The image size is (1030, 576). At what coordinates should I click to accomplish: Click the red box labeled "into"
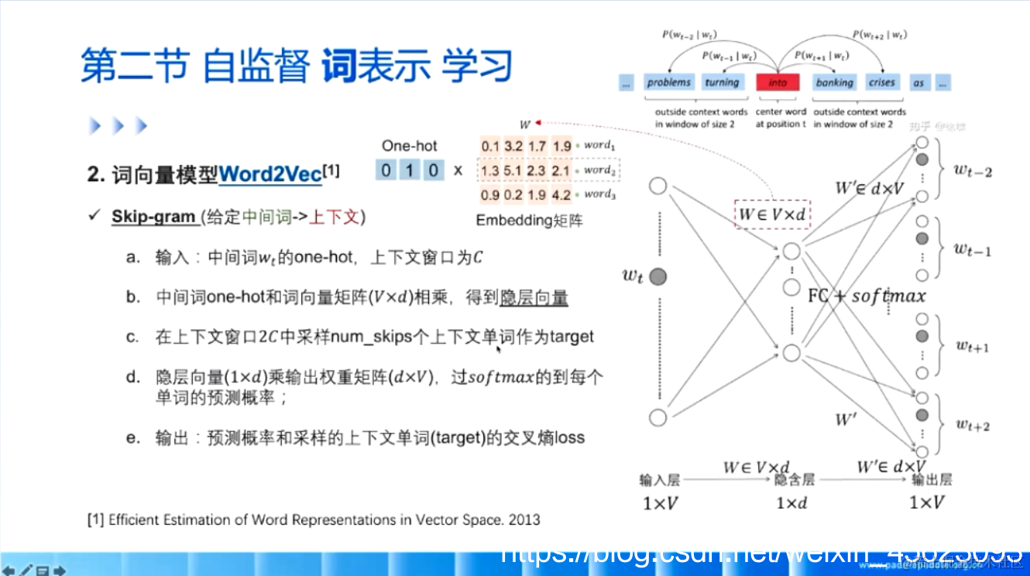click(778, 83)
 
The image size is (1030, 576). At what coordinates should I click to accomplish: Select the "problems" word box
click(669, 83)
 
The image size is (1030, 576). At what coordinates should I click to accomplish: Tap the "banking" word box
click(834, 83)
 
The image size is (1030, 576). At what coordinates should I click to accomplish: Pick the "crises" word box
click(881, 83)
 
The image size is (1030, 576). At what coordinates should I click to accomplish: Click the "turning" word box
click(722, 83)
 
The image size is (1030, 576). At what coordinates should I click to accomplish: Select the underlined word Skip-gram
click(153, 217)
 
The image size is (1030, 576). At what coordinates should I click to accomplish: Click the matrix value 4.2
click(562, 195)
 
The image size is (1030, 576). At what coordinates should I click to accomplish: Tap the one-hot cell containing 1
click(410, 170)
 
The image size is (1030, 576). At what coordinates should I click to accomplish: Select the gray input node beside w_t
click(658, 276)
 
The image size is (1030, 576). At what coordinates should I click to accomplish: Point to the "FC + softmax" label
click(867, 296)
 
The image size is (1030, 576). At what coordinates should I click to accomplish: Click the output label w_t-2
click(973, 171)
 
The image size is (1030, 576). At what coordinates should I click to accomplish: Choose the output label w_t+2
click(973, 424)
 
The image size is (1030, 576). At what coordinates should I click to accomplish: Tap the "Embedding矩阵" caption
click(529, 221)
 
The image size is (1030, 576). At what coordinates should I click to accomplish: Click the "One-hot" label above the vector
click(409, 146)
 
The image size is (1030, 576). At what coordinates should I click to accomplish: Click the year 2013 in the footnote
click(524, 519)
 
